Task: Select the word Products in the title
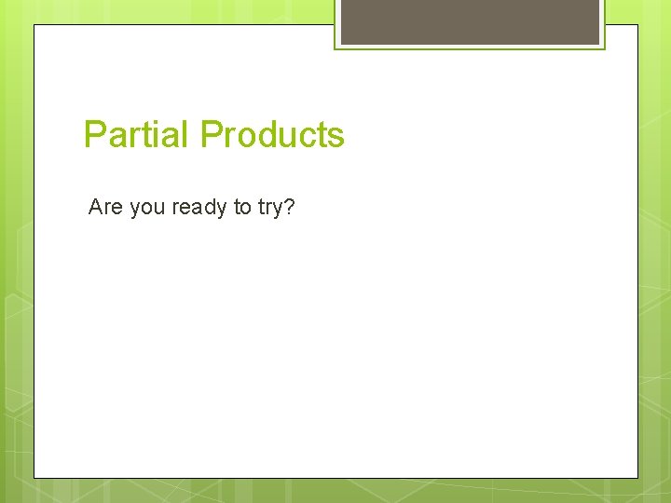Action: click(x=272, y=135)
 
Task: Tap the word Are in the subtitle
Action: click(x=105, y=207)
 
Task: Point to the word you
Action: click(x=147, y=208)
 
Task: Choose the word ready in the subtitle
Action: click(x=199, y=208)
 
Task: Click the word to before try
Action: click(x=242, y=207)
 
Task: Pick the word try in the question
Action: click(x=269, y=208)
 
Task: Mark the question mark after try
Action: click(x=289, y=207)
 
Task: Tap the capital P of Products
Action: click(x=212, y=135)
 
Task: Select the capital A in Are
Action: click(x=95, y=207)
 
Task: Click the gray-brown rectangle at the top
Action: click(x=470, y=22)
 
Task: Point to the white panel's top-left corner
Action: click(x=34, y=25)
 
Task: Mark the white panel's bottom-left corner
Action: click(x=34, y=478)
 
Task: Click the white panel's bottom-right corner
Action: click(x=637, y=478)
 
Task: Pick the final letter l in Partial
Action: click(x=188, y=135)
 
